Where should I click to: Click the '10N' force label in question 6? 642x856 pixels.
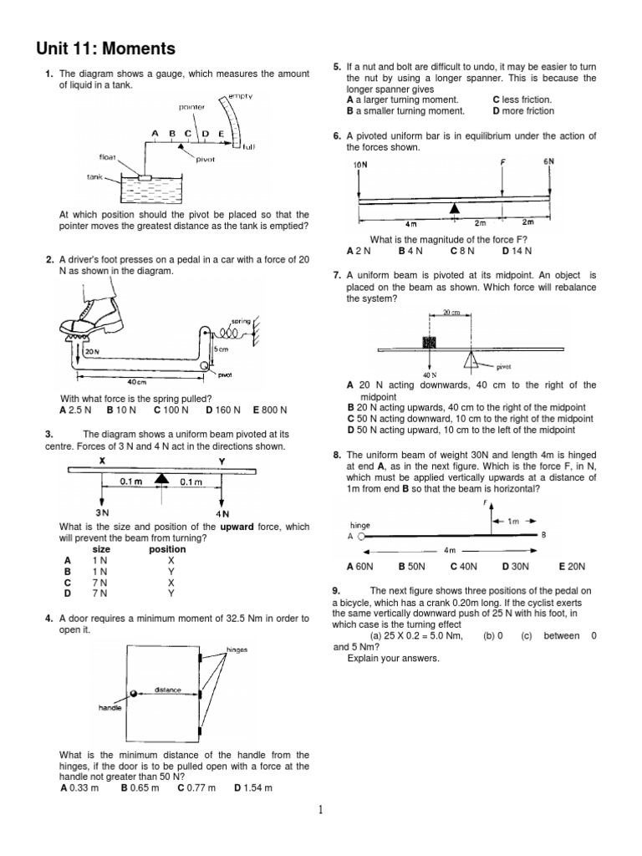point(361,166)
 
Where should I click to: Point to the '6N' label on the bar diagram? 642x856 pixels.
point(548,161)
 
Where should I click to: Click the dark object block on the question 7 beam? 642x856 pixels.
point(431,342)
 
